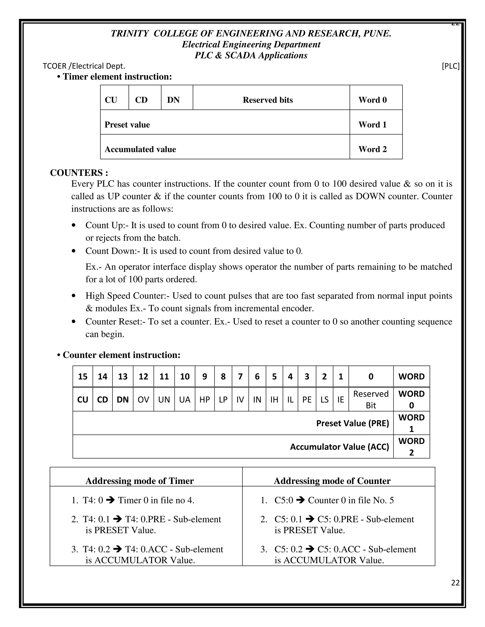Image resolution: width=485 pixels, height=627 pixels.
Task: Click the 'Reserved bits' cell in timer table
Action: pyautogui.click(x=268, y=100)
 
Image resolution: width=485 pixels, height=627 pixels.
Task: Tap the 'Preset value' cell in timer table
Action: pyautogui.click(x=127, y=125)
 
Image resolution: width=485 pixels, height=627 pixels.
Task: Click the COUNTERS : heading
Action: pyautogui.click(x=79, y=172)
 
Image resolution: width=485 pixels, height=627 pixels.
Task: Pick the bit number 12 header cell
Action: pyautogui.click(x=143, y=376)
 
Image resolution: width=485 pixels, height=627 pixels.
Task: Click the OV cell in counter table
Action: pyautogui.click(x=143, y=400)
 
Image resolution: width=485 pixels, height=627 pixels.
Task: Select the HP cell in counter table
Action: pyautogui.click(x=205, y=400)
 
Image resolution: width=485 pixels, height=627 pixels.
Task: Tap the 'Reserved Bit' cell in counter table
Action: pyautogui.click(x=371, y=400)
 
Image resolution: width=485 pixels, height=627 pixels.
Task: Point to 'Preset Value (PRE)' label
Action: pyautogui.click(x=353, y=423)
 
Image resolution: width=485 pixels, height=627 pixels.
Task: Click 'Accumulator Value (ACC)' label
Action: pyautogui.click(x=339, y=447)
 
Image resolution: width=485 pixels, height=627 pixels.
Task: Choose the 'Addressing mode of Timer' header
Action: pyautogui.click(x=140, y=481)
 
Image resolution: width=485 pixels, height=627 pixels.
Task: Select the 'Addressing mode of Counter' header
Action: pyautogui.click(x=332, y=481)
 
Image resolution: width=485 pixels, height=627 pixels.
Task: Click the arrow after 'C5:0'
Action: pyautogui.click(x=300, y=500)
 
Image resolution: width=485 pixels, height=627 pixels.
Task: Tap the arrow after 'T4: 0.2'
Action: pyautogui.click(x=117, y=549)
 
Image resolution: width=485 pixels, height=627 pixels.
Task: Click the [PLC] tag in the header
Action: pyautogui.click(x=450, y=66)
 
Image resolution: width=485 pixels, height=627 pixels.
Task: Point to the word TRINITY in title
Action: pyautogui.click(x=129, y=34)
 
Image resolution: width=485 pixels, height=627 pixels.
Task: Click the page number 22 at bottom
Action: pyautogui.click(x=455, y=583)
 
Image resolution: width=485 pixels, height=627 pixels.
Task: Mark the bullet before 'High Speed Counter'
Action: pyautogui.click(x=74, y=296)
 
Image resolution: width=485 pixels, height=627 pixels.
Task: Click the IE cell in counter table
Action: pyautogui.click(x=341, y=400)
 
